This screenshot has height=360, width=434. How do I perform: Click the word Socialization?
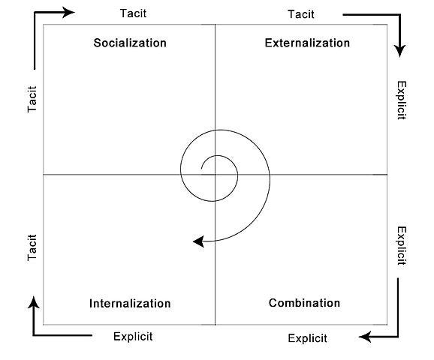coord(130,43)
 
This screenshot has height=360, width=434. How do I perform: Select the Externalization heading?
coord(307,43)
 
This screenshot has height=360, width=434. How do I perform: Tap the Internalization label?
coord(130,303)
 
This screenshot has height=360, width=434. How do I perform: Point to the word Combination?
coord(304,303)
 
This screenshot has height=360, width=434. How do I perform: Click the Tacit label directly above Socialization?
coord(133,13)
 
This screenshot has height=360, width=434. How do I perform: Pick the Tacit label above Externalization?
coord(301,14)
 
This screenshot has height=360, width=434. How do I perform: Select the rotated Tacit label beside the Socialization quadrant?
coord(32,99)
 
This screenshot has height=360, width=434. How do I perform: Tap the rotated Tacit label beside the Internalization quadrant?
coord(32,247)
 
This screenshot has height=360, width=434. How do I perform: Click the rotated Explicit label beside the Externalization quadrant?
coord(402,100)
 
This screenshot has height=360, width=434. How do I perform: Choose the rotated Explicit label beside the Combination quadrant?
coord(402,246)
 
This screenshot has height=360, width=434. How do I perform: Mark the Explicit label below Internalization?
coord(133,337)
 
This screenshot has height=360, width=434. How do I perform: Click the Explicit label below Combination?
coord(307,338)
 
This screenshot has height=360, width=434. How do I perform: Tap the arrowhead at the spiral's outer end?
coord(198,241)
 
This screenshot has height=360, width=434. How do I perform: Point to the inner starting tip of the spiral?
coord(201,169)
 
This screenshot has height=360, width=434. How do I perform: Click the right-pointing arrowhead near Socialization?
coord(68,13)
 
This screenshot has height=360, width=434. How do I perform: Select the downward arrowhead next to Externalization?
coord(399,50)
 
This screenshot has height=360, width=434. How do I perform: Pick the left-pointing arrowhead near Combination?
coord(365,337)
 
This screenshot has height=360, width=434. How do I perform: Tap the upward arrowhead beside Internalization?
coord(34,302)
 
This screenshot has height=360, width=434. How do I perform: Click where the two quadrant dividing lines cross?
coord(215,175)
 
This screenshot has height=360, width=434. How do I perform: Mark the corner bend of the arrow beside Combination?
coord(398,337)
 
